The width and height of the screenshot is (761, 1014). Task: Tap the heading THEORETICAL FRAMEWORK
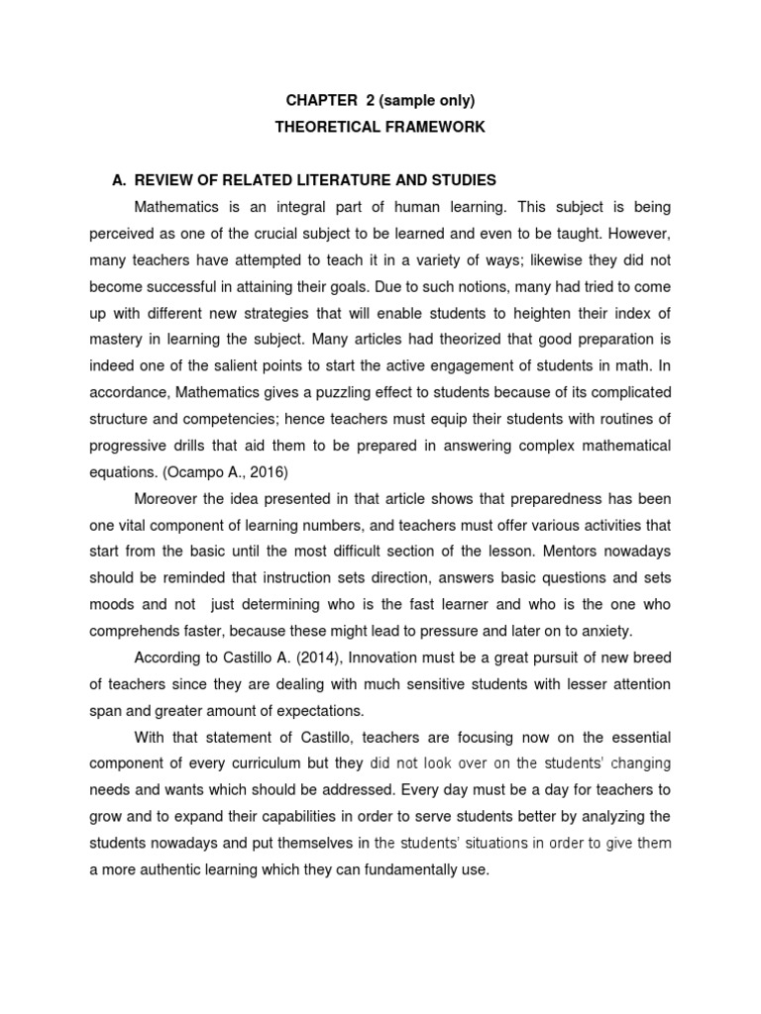[x=380, y=128]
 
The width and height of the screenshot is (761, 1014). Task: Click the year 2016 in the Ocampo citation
[x=266, y=471]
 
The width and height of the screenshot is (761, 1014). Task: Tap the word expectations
[x=320, y=710]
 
